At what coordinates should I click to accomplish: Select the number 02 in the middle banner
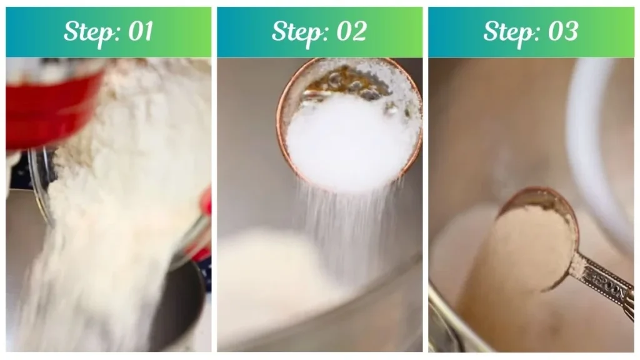350,31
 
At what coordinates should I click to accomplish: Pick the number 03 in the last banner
562,31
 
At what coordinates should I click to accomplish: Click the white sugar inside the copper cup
350,144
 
